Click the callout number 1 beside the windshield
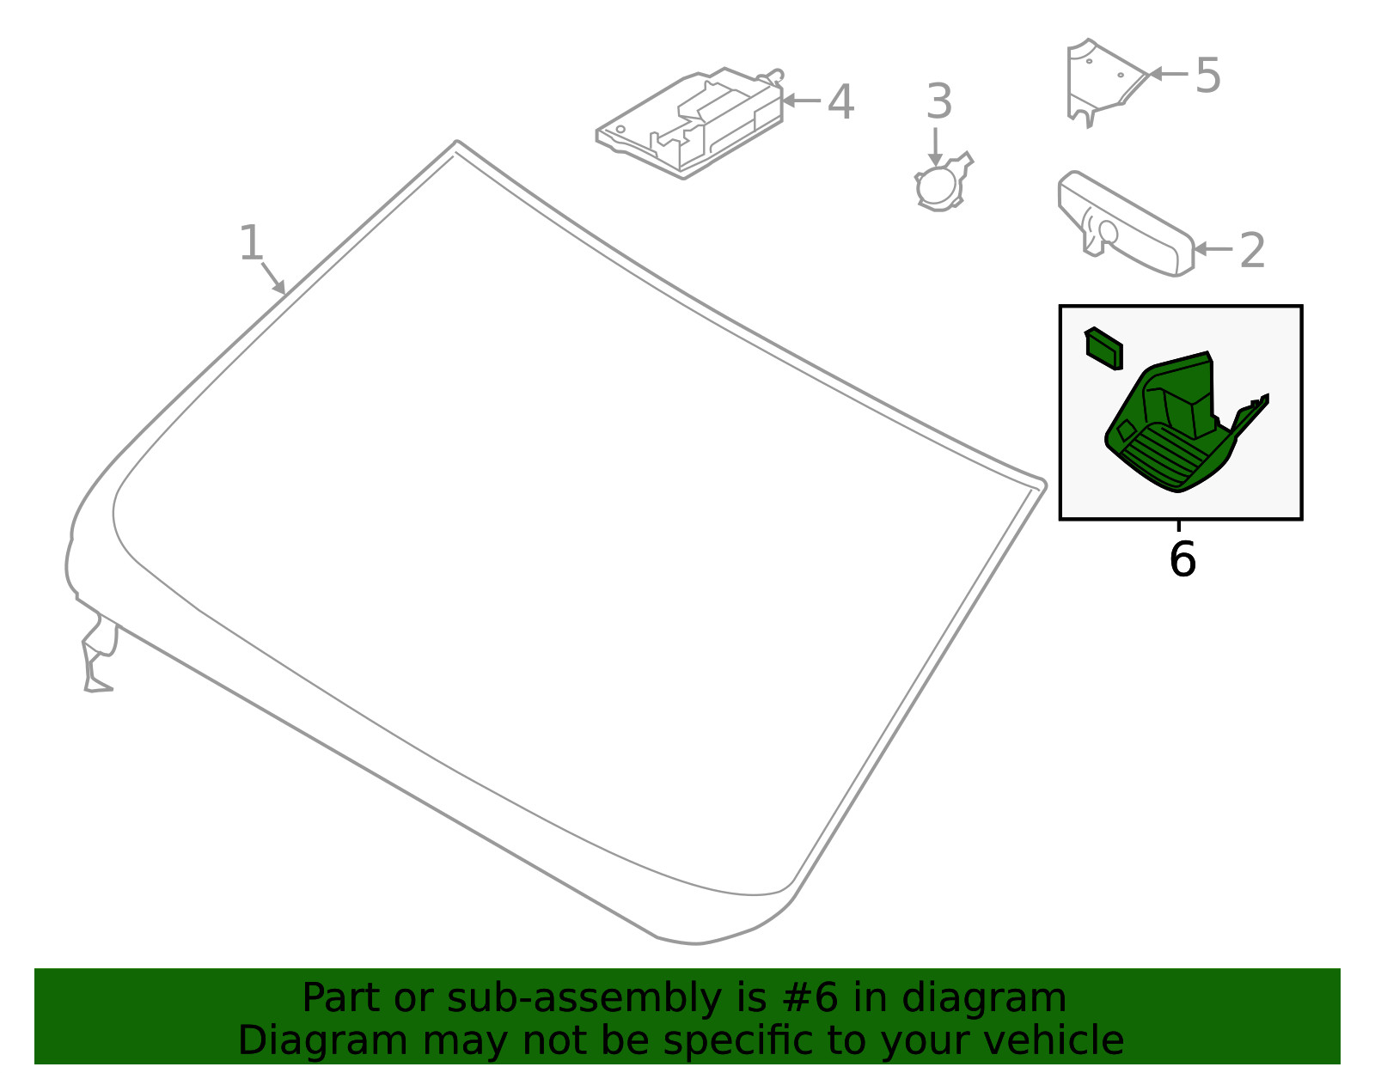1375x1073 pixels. [x=251, y=242]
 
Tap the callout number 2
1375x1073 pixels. [x=1252, y=250]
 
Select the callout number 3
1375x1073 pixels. [x=939, y=101]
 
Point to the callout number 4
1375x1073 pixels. [x=841, y=101]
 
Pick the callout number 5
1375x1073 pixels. [x=1208, y=76]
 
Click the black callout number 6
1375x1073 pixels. [x=1182, y=559]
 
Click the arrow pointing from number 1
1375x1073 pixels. [x=273, y=278]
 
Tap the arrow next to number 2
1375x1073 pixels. [x=1213, y=249]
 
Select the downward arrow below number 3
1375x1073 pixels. [x=935, y=147]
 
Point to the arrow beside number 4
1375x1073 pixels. [x=801, y=100]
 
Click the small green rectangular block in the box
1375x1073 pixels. [x=1103, y=349]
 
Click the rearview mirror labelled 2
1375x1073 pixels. [x=1126, y=224]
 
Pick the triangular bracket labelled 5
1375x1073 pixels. [x=1104, y=82]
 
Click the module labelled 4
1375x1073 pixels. [x=690, y=124]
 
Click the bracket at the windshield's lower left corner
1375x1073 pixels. [x=99, y=658]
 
